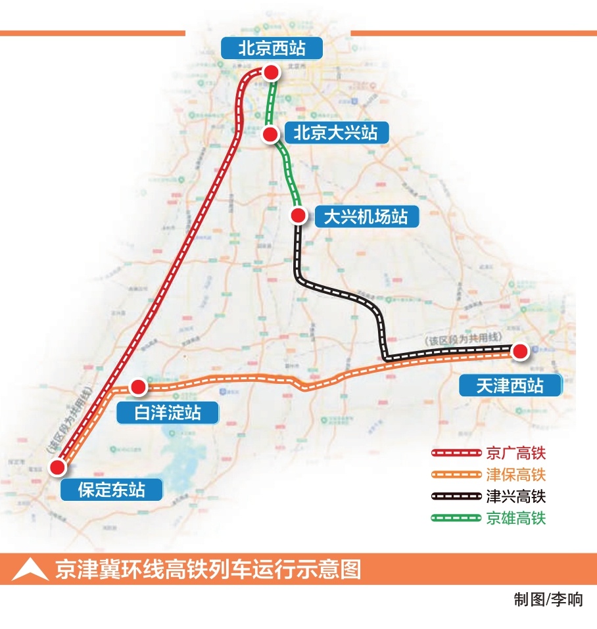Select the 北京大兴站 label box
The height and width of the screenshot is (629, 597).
335,132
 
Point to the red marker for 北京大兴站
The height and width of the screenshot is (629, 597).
270,135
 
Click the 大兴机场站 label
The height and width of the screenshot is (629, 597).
366,217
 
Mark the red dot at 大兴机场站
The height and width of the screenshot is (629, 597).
298,215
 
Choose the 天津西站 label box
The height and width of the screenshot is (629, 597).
510,385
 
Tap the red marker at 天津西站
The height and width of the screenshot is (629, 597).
520,352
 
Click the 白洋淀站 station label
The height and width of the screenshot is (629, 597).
167,413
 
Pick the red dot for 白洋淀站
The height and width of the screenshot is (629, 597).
139,387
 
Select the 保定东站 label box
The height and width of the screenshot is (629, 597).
110,490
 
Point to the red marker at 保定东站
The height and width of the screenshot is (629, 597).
58,467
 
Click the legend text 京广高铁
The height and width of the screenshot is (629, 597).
516,453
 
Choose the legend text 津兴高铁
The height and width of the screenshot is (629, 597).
516,496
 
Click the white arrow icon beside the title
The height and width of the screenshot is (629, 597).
30,570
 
